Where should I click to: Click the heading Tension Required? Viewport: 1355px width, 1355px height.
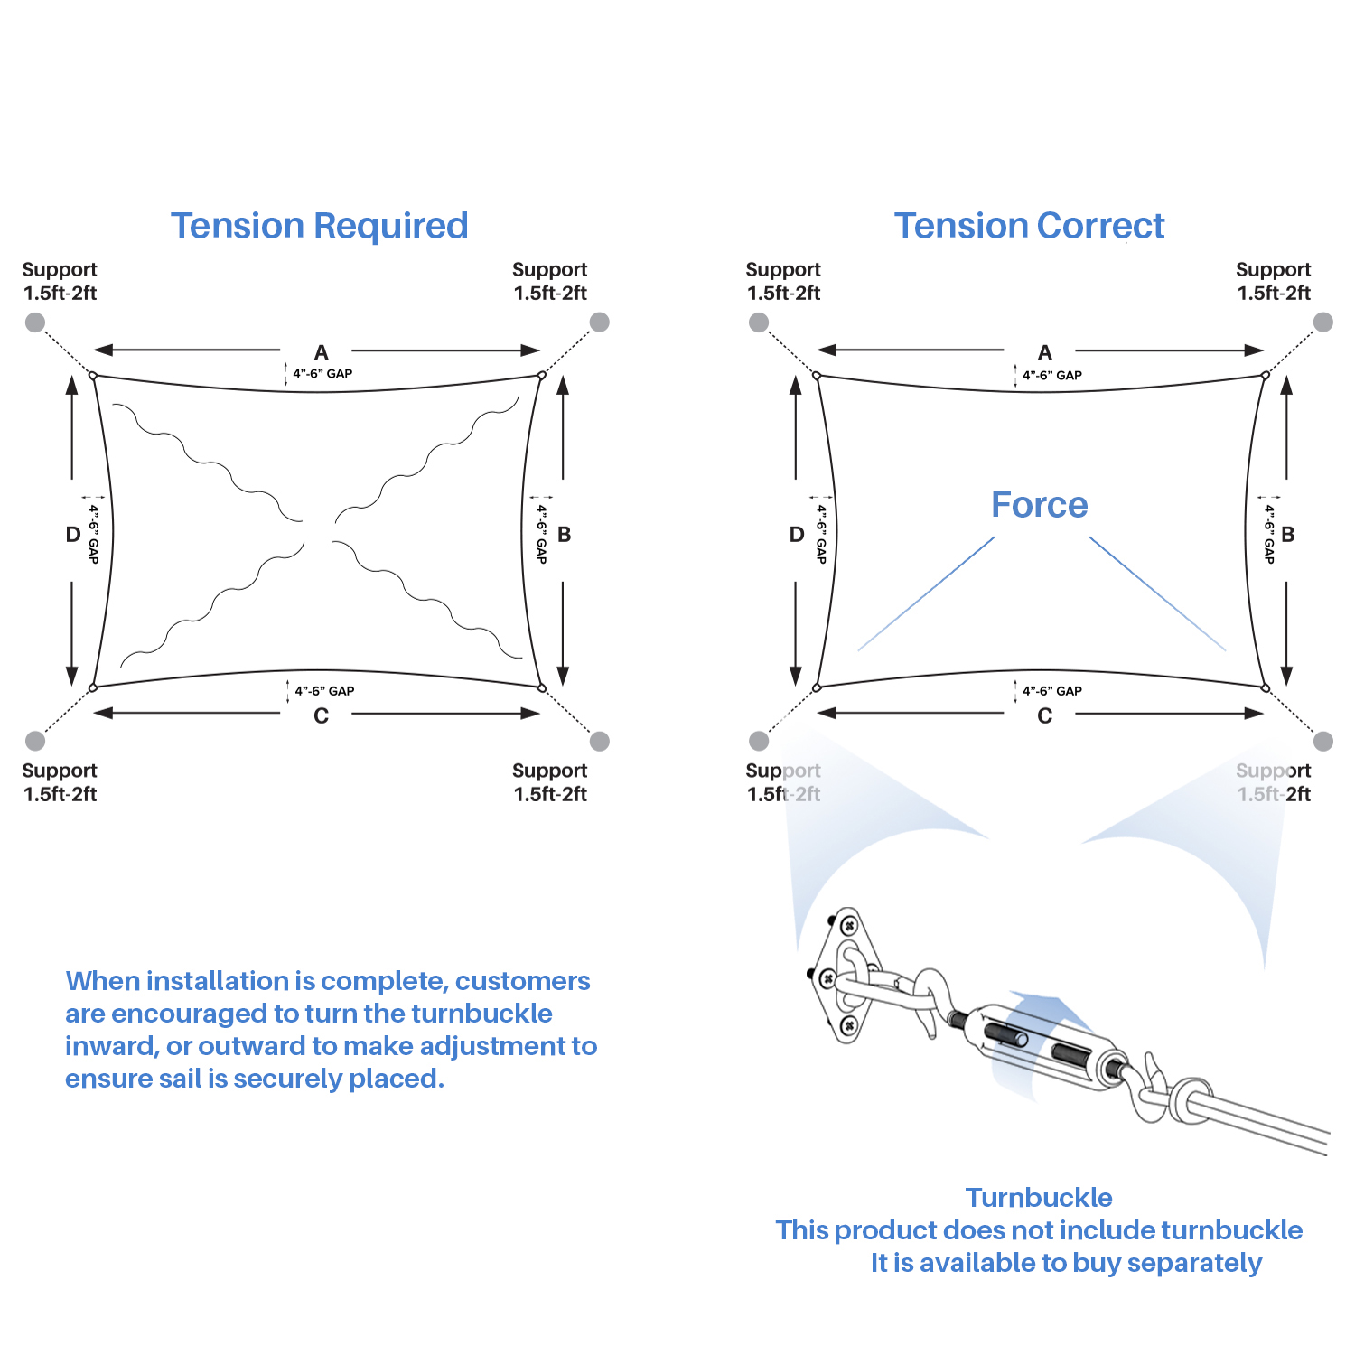320,226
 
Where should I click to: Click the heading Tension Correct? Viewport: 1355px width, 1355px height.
1029,226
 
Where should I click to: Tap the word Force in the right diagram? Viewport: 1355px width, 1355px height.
1039,505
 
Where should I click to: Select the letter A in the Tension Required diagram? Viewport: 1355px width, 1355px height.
321,352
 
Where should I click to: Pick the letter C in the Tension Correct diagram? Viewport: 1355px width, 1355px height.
1044,715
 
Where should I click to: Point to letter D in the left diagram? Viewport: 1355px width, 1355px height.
73,534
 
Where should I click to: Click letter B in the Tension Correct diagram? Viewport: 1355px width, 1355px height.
1287,534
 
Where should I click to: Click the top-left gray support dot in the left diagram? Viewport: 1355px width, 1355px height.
35,322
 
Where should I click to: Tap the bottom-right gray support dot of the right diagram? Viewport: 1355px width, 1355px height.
1323,741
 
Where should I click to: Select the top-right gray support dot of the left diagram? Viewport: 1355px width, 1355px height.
600,322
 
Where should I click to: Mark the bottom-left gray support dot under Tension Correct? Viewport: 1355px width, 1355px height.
759,741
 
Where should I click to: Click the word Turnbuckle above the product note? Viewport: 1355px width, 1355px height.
1039,1198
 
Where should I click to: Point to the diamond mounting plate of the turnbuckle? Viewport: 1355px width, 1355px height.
846,976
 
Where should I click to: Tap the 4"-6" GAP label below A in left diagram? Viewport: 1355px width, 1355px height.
322,374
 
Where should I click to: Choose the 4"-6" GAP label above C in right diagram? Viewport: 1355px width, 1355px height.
1052,691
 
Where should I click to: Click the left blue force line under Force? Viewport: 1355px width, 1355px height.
926,593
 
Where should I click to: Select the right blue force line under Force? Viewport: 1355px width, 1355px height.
1157,593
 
